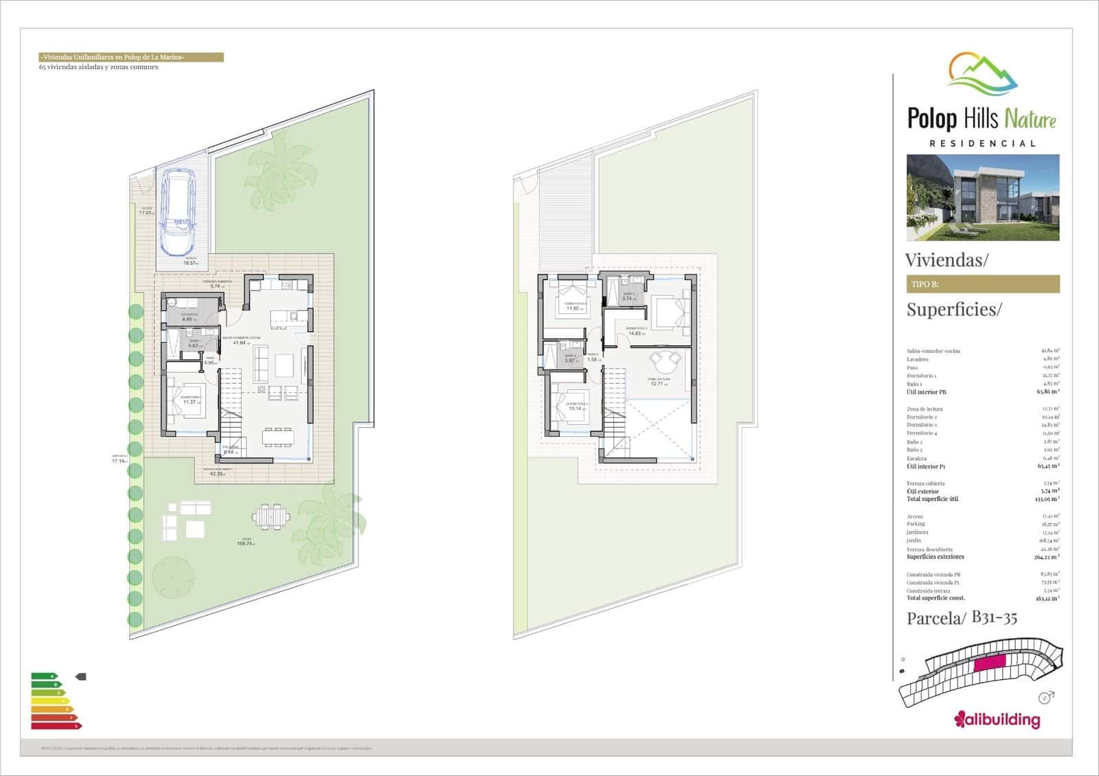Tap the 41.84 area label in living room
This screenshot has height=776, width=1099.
(x=238, y=343)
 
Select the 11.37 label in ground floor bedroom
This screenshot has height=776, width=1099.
(x=190, y=402)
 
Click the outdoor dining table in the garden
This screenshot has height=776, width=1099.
(x=271, y=515)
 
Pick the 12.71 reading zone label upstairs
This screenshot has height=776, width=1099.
(x=657, y=383)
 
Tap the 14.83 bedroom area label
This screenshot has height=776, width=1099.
(x=635, y=333)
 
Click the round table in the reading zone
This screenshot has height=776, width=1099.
(x=664, y=360)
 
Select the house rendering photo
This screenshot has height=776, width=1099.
(x=982, y=197)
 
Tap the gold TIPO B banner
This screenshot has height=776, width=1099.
(x=982, y=284)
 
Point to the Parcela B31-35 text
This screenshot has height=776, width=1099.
(x=962, y=618)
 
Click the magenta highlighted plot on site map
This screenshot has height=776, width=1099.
(x=989, y=663)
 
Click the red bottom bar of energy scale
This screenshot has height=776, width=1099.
(x=55, y=725)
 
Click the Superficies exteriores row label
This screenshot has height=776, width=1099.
(x=935, y=557)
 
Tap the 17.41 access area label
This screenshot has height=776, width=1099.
(x=145, y=213)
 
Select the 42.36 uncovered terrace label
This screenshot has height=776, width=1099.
(x=217, y=473)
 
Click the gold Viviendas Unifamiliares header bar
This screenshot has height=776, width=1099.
(x=131, y=58)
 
